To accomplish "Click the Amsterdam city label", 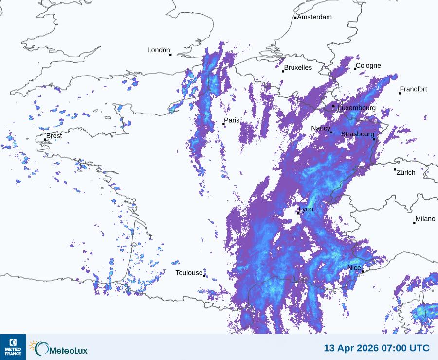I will [x=314, y=17].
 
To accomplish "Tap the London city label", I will [x=159, y=50].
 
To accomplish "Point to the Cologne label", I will [x=368, y=66].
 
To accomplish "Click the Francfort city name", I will [x=413, y=89].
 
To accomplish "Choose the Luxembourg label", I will [x=357, y=108].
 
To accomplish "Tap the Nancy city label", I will [x=321, y=128].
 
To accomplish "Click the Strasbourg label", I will [x=358, y=134].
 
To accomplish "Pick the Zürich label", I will [x=406, y=172].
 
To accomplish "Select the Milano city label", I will [x=425, y=219].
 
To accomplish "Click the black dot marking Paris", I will [x=224, y=124].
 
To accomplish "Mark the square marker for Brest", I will [x=45, y=140].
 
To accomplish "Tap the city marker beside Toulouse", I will [x=204, y=276].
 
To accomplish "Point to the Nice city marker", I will [x=363, y=271].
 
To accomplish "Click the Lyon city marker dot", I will [x=298, y=213].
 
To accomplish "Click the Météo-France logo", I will [x=13, y=347].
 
